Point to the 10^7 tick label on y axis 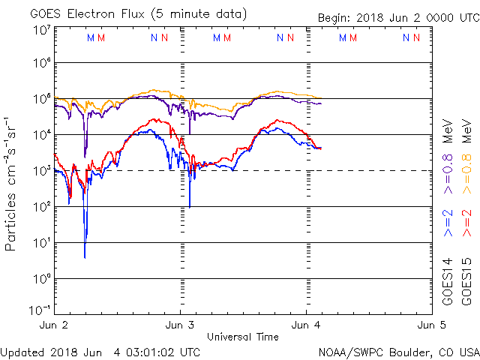pyautogui.click(x=40, y=30)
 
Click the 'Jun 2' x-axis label pyautogui.click(x=53, y=325)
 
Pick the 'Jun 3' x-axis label pyautogui.click(x=179, y=325)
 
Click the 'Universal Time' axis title pyautogui.click(x=242, y=337)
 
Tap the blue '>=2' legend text pyautogui.click(x=447, y=223)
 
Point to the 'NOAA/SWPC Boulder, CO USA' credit pyautogui.click(x=398, y=352)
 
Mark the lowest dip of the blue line pyautogui.click(x=85, y=257)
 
